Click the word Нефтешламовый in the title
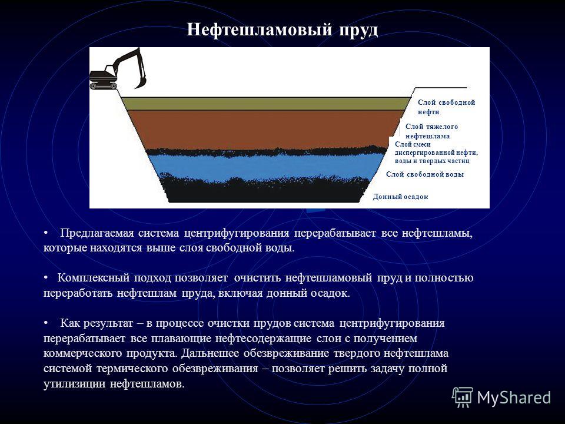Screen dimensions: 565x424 point(260,29)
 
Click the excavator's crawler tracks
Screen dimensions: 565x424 point(104,86)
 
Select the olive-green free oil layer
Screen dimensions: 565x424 point(265,104)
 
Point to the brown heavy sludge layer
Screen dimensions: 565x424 point(263,129)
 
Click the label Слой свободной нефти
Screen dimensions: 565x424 point(447,107)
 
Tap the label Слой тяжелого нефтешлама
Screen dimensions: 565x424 point(431,131)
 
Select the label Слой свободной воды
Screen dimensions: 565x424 point(425,174)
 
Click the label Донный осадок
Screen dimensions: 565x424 point(400,197)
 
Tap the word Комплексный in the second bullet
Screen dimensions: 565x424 point(94,278)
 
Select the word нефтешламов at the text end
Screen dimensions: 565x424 point(147,384)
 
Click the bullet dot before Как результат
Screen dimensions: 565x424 point(46,323)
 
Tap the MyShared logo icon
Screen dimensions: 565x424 point(463,397)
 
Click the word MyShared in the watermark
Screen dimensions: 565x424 point(514,398)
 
